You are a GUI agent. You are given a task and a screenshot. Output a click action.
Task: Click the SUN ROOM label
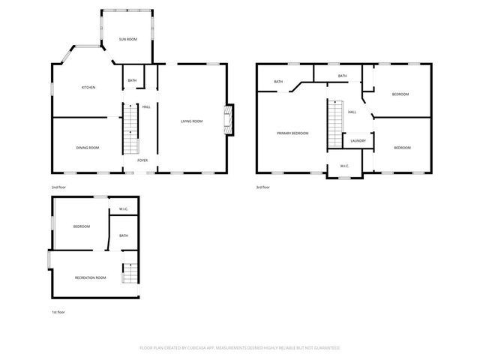click(x=128, y=39)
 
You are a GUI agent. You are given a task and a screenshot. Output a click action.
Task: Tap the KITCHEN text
click(x=88, y=88)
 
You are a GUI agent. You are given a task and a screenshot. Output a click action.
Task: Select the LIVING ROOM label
click(x=191, y=121)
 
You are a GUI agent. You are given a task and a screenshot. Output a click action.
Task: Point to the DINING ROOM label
click(x=88, y=148)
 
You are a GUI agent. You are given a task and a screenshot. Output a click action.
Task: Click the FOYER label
click(x=142, y=160)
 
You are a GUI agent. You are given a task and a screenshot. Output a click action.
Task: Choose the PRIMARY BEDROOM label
click(x=292, y=133)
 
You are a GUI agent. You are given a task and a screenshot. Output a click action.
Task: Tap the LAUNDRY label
click(x=358, y=140)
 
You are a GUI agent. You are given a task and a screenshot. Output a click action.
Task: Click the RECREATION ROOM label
click(x=90, y=277)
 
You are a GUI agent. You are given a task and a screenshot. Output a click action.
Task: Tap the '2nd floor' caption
click(x=58, y=187)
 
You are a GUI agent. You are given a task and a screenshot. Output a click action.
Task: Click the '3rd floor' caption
click(x=262, y=187)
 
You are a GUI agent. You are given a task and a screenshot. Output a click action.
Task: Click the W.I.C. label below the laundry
click(x=344, y=166)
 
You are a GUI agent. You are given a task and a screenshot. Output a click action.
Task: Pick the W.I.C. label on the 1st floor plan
click(x=123, y=208)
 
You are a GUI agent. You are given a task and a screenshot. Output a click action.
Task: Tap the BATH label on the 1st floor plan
click(x=124, y=235)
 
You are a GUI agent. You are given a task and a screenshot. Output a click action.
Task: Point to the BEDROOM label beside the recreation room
click(x=81, y=226)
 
